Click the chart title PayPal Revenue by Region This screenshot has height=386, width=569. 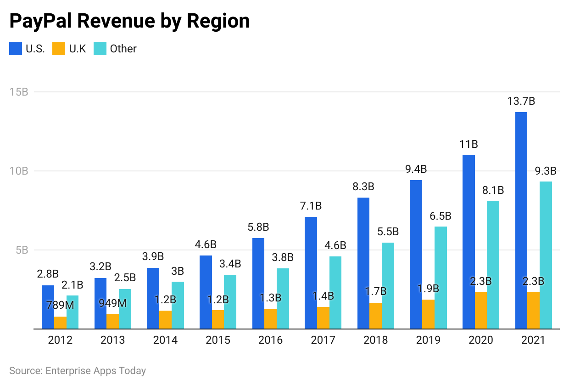[129, 22]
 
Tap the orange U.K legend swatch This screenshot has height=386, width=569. [59, 49]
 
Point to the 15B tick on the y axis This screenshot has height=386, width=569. [19, 92]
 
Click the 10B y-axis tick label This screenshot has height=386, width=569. [19, 171]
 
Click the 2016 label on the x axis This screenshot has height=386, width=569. [270, 341]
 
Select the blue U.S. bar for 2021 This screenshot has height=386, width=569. [521, 221]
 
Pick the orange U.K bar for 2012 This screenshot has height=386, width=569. [60, 323]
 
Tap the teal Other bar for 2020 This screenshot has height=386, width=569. [493, 265]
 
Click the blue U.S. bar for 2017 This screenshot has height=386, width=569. [311, 273]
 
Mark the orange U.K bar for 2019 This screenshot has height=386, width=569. [428, 314]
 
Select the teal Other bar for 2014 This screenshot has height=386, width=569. [178, 305]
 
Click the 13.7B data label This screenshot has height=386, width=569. [521, 102]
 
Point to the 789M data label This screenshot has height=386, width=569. [60, 305]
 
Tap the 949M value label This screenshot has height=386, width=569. [112, 303]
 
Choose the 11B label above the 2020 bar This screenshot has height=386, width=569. [469, 144]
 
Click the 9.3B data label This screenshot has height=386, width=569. [546, 171]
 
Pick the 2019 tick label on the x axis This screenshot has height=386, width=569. [428, 341]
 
